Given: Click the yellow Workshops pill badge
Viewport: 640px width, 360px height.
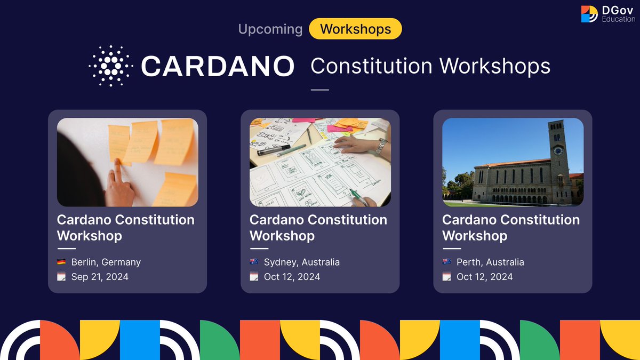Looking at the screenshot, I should (355, 29).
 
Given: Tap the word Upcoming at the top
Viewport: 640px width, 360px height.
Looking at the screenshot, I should (270, 29).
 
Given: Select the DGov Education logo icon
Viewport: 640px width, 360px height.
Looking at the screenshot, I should (589, 14).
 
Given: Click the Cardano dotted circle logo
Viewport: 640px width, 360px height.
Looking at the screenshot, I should (110, 66).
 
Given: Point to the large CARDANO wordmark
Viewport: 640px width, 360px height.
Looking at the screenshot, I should (218, 66).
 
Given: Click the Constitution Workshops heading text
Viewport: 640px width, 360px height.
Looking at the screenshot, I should (430, 66).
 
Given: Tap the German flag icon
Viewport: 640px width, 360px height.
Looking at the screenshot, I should (61, 262).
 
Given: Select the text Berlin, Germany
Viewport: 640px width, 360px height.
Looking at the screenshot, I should (106, 262).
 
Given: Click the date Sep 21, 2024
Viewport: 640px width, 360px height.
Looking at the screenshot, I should (100, 276).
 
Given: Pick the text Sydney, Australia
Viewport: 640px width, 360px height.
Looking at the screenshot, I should (301, 262).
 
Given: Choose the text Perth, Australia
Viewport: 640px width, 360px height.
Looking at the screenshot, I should (490, 262).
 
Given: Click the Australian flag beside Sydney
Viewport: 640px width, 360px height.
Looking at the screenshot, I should (254, 262).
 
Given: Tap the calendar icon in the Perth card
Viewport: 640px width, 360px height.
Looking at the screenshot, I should (447, 276).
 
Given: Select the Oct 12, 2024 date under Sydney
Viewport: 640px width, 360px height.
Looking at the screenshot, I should (292, 276).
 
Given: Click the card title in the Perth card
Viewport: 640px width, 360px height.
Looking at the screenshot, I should (510, 227).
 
